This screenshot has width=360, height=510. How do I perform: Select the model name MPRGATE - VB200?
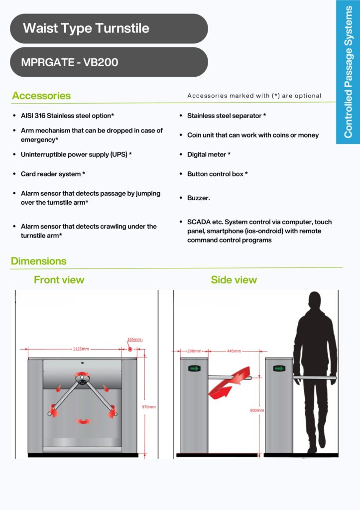pyautogui.click(x=70, y=63)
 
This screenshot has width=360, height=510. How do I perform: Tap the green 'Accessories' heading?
pyautogui.click(x=41, y=96)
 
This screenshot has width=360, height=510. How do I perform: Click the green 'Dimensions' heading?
pyautogui.click(x=38, y=261)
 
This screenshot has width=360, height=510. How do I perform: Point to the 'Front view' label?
pyautogui.click(x=59, y=280)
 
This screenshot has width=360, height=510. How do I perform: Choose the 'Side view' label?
pyautogui.click(x=234, y=280)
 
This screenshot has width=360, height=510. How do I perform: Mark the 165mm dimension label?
pyautogui.click(x=134, y=340)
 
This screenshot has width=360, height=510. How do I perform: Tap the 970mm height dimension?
pyautogui.click(x=149, y=407)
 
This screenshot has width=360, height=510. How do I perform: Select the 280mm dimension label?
pyautogui.click(x=194, y=351)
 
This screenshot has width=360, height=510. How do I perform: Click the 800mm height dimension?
pyautogui.click(x=257, y=410)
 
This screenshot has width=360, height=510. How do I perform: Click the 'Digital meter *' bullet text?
pyautogui.click(x=209, y=155)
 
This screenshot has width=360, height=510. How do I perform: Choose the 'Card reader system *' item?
pyautogui.click(x=53, y=174)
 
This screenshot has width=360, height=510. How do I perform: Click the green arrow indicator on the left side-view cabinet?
pyautogui.click(x=193, y=369)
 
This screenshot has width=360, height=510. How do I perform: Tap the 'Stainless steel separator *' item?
pyautogui.click(x=227, y=116)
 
